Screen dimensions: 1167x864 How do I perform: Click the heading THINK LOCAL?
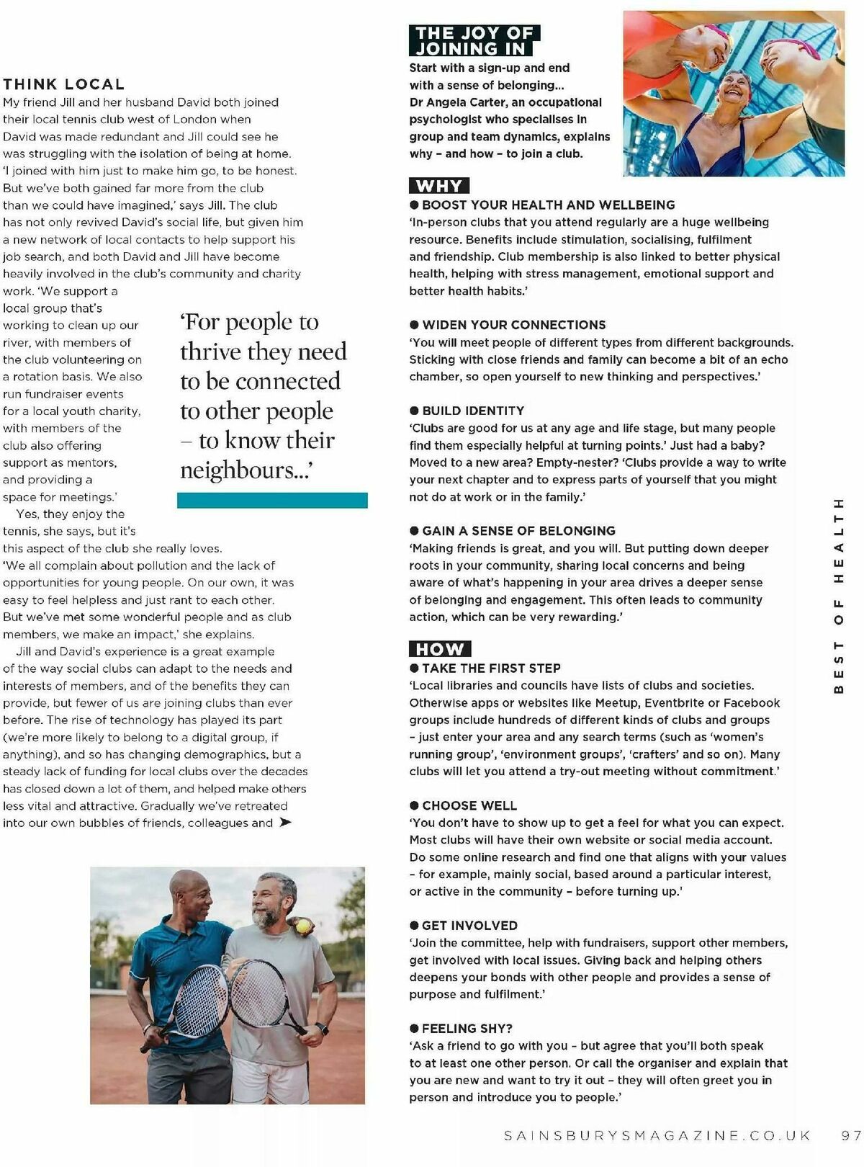(64, 85)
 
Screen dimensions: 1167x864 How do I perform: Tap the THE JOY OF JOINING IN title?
(474, 41)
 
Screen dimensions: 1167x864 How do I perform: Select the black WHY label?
(439, 186)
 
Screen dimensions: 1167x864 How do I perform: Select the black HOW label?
(439, 649)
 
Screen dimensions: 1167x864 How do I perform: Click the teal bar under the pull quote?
(272, 501)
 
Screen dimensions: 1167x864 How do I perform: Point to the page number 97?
(850, 1135)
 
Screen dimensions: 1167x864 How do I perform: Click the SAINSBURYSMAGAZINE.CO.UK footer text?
(657, 1135)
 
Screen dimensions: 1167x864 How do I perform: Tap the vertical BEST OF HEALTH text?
(838, 595)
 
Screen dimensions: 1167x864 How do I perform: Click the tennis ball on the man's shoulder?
(305, 924)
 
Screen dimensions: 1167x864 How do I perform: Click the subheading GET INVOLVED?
(469, 926)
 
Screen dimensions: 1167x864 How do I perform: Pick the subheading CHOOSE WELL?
(469, 805)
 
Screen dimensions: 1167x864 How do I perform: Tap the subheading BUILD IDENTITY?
(473, 411)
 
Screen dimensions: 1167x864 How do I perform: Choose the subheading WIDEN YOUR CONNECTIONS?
(513, 325)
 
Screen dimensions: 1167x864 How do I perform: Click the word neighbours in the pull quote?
(236, 471)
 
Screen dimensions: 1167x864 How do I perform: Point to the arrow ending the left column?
(285, 823)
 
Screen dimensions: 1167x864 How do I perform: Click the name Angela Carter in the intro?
(476, 102)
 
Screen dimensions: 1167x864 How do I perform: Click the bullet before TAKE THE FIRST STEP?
(414, 669)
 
